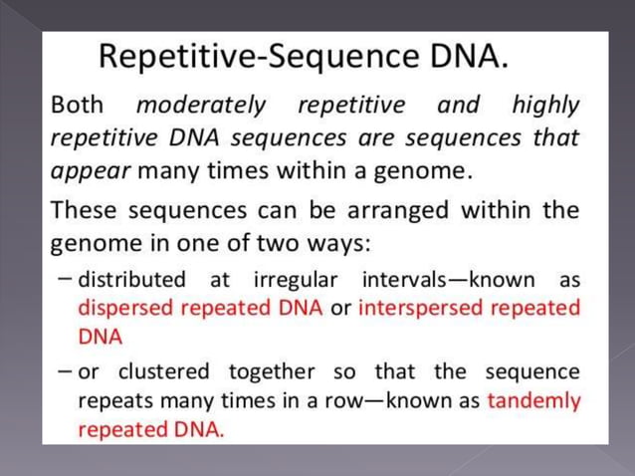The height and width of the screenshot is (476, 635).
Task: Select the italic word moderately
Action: tap(201, 105)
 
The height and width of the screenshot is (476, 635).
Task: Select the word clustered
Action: tap(164, 371)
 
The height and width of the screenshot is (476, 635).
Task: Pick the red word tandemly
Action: tap(533, 401)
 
